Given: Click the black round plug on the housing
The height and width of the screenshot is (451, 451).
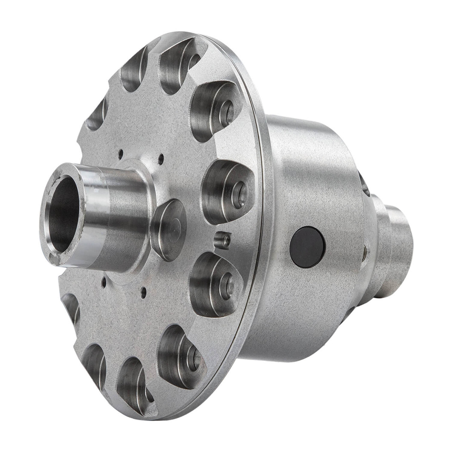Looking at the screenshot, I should pyautogui.click(x=307, y=247).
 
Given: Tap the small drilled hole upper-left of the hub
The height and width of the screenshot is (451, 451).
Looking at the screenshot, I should pyautogui.click(x=121, y=153).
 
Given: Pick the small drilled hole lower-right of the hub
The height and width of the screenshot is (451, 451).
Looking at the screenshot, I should pyautogui.click(x=143, y=291).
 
